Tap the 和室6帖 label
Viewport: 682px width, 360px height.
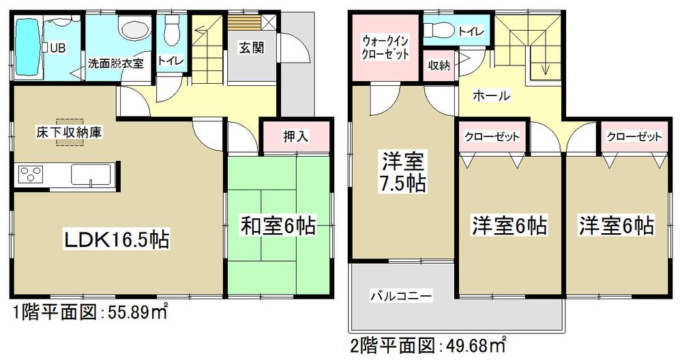tap(277, 226)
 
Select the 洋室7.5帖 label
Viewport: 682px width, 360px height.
tap(404, 172)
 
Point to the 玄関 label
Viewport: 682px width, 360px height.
tap(247, 48)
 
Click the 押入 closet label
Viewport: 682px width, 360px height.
tap(295, 136)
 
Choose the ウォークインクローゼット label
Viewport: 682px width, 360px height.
tap(385, 47)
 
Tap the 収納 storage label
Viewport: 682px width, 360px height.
tap(439, 66)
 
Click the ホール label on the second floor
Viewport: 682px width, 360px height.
tap(492, 96)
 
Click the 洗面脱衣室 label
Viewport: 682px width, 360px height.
tap(115, 63)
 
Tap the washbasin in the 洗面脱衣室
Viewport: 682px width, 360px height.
tap(130, 29)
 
